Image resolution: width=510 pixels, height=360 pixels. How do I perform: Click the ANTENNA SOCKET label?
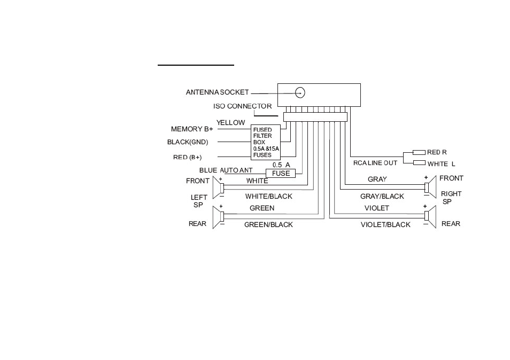[217, 92]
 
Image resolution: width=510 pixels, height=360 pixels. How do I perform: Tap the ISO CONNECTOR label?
[242, 106]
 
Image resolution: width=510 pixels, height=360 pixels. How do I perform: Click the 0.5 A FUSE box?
[281, 173]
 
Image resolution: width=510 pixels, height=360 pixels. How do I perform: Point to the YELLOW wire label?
[230, 122]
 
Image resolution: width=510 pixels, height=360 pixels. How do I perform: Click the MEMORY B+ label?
[192, 129]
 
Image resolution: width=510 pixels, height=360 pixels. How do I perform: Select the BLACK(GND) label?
[188, 142]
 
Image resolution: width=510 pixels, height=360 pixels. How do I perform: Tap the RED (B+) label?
[187, 157]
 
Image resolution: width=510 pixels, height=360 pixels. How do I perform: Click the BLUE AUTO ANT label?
[226, 170]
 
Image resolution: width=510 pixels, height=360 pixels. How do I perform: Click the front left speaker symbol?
[218, 187]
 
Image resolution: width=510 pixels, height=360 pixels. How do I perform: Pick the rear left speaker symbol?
[218, 217]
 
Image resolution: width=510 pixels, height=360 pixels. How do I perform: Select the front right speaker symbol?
[430, 187]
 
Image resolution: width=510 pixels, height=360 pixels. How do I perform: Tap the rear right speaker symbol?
[430, 217]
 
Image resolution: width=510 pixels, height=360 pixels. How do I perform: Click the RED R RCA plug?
[419, 152]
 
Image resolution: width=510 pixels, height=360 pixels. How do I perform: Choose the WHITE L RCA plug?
[419, 162]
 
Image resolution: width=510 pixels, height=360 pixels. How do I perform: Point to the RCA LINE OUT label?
[375, 163]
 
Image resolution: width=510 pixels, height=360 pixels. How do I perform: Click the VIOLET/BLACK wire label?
[385, 224]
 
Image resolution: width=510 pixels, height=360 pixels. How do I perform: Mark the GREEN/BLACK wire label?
[268, 224]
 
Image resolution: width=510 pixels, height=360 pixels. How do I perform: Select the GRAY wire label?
[377, 179]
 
